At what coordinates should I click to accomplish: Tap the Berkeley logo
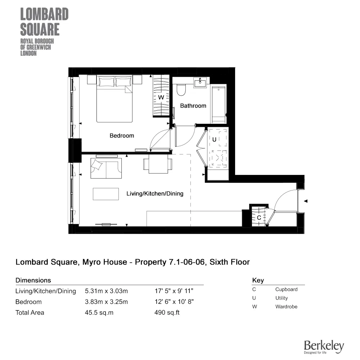[324, 347]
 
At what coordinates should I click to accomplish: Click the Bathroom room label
[193, 106]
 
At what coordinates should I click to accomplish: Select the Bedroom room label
[122, 136]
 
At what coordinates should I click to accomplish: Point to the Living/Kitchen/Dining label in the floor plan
[155, 194]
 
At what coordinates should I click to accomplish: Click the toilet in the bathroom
[181, 90]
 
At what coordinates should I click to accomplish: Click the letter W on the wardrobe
[161, 98]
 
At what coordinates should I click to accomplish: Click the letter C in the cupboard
[258, 218]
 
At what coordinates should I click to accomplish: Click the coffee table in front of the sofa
[105, 194]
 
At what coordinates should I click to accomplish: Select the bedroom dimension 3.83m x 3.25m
[106, 302]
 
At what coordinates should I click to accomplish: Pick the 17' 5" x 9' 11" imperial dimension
[174, 291]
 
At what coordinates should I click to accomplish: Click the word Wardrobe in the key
[286, 307]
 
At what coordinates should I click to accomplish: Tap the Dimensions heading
[33, 280]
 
